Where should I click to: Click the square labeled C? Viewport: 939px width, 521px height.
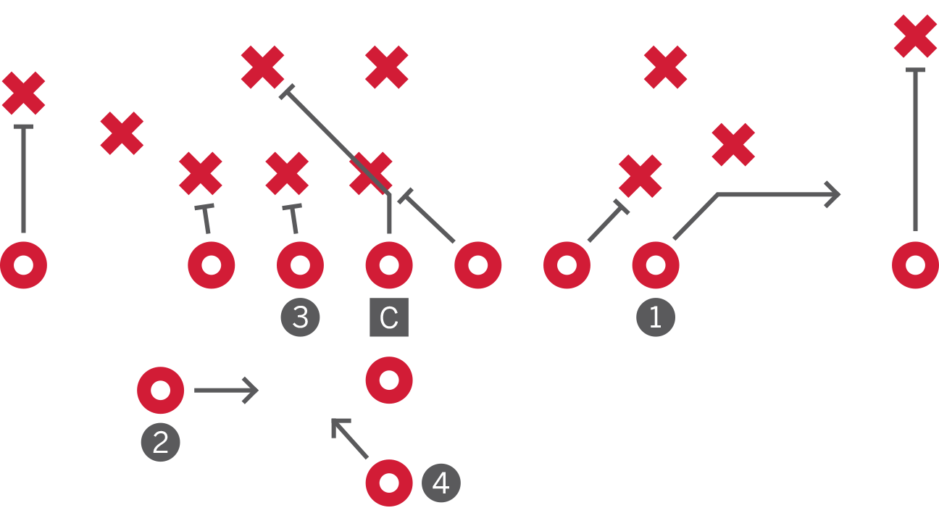click(x=389, y=317)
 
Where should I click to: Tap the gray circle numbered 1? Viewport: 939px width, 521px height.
click(x=656, y=317)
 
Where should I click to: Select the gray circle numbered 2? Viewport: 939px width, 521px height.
click(x=160, y=442)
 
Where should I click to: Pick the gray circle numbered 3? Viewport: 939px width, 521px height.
click(x=300, y=317)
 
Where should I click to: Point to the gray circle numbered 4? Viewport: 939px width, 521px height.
click(x=441, y=483)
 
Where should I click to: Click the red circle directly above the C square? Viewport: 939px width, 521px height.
click(x=389, y=265)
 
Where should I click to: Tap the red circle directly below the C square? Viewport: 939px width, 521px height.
click(x=389, y=380)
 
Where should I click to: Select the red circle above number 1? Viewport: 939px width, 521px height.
click(x=656, y=265)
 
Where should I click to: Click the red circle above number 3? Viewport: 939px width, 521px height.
click(x=300, y=265)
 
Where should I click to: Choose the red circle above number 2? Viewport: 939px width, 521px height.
click(x=160, y=390)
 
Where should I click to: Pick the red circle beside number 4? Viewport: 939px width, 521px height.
click(x=389, y=483)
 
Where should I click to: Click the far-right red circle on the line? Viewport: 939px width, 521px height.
click(x=915, y=265)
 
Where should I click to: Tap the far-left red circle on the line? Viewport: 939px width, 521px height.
click(x=23, y=265)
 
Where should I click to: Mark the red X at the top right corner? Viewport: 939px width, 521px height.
click(x=915, y=36)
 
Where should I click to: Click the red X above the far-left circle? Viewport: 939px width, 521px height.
click(x=23, y=93)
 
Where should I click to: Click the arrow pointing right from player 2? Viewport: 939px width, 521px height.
click(x=226, y=390)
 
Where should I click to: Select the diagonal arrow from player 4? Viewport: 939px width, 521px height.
click(x=350, y=438)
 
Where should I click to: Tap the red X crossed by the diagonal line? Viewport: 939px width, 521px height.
click(x=371, y=174)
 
